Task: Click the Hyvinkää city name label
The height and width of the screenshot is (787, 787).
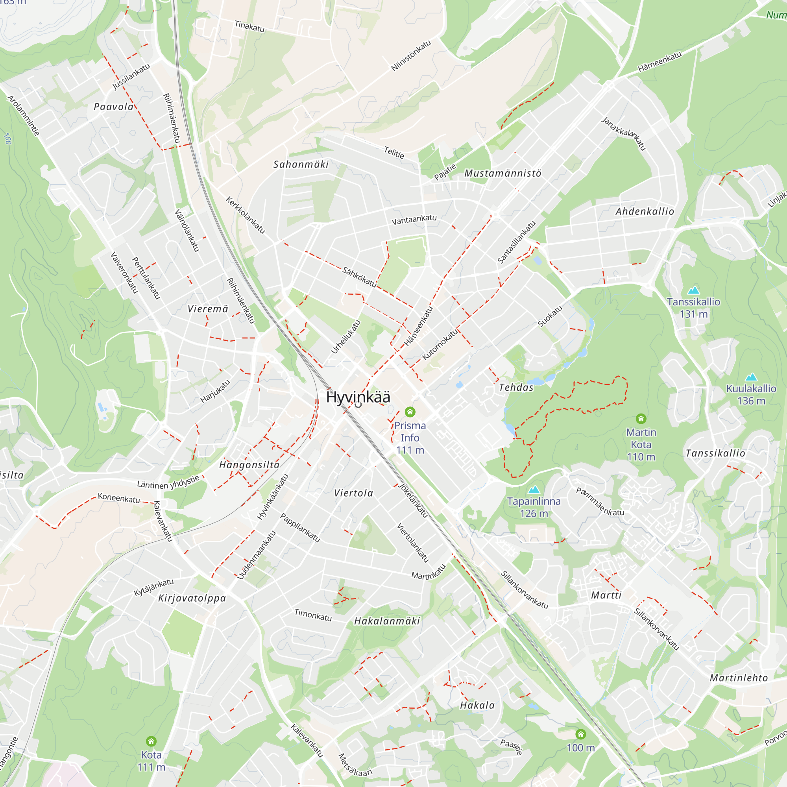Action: [x=358, y=397]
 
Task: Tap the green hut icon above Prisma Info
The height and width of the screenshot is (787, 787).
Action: [x=410, y=412]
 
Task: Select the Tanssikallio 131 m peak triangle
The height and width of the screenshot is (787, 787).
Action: [x=693, y=290]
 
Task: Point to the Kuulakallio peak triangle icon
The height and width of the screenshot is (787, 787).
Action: [x=751, y=377]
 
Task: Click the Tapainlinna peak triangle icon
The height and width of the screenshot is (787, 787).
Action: [x=534, y=489]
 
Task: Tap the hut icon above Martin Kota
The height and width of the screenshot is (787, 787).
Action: [x=641, y=418]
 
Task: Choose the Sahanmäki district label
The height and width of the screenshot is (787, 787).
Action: [x=301, y=164]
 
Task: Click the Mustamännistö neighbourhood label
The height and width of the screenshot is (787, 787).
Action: [x=502, y=174]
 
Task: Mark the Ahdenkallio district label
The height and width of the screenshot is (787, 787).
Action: [x=645, y=211]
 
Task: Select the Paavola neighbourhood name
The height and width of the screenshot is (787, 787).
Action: [x=114, y=107]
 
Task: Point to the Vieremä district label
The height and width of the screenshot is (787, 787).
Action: [x=208, y=309]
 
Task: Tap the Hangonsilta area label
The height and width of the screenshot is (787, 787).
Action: [x=249, y=465]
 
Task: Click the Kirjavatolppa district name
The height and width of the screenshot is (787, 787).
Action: [x=192, y=599]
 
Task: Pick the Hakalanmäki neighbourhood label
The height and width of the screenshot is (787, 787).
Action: [x=386, y=621]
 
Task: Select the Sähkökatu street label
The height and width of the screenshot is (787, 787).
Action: [x=359, y=277]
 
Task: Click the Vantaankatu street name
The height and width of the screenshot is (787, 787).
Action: [x=414, y=220]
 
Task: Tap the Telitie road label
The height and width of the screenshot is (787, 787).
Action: [x=394, y=153]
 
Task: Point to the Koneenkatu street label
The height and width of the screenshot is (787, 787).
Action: [x=118, y=498]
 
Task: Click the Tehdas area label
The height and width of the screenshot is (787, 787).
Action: [x=516, y=387]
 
